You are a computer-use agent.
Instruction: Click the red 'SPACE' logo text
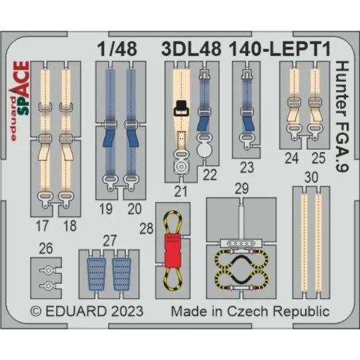coord(22,86)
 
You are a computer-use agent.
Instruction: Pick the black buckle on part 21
coord(181,107)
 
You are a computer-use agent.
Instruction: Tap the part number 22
coord(210,175)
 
